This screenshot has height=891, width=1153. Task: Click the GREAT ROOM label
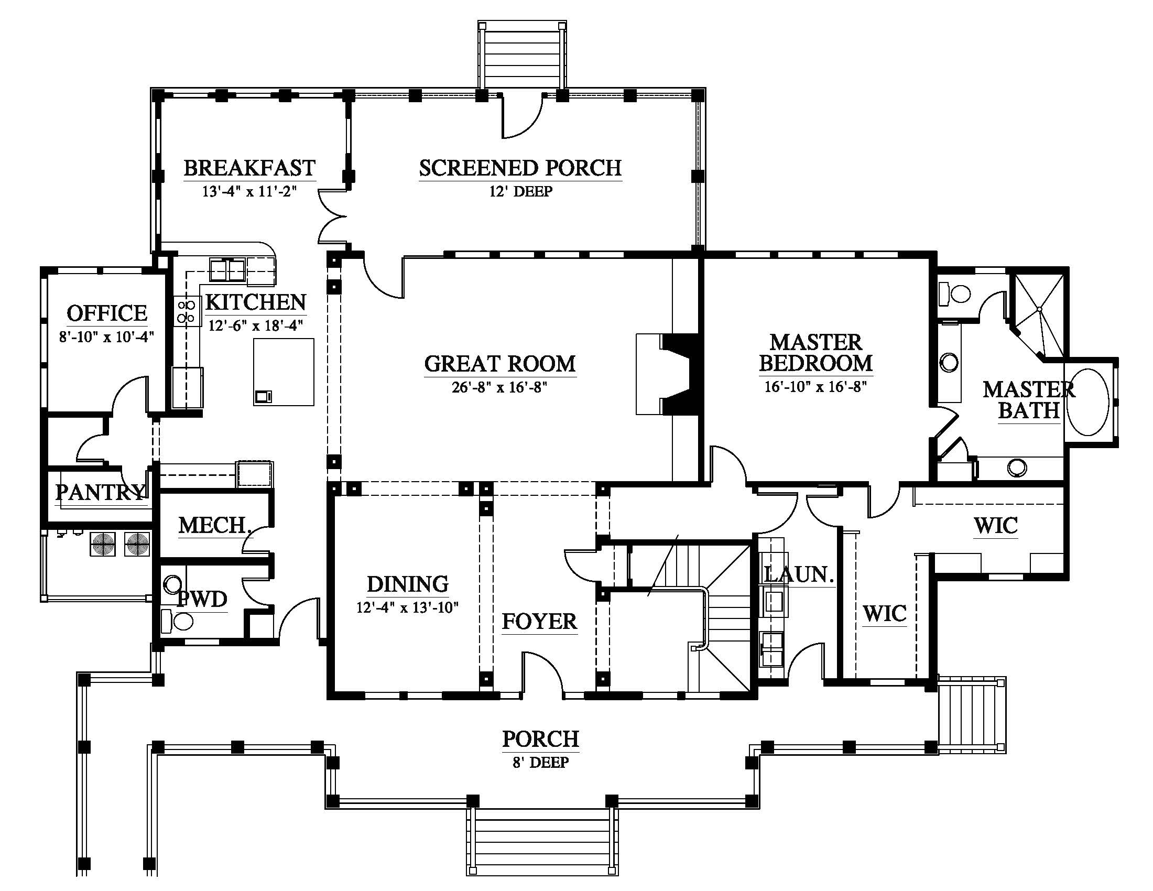click(x=499, y=364)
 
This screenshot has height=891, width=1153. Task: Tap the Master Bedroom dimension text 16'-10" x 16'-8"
click(x=815, y=387)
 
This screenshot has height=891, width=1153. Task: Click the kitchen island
click(x=284, y=372)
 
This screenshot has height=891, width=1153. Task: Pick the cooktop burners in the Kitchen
click(x=187, y=311)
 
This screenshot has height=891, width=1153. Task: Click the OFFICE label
click(x=106, y=313)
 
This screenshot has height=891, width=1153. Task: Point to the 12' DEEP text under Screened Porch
click(x=520, y=191)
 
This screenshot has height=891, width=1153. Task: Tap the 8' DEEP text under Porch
click(x=541, y=762)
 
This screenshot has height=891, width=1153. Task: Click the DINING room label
click(x=408, y=584)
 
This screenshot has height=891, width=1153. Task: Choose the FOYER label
click(x=539, y=621)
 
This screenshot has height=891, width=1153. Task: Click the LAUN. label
click(x=799, y=574)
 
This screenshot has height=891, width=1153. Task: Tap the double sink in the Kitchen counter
click(x=227, y=270)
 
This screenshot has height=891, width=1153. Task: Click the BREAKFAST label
click(x=249, y=168)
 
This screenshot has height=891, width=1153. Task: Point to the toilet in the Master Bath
click(x=955, y=294)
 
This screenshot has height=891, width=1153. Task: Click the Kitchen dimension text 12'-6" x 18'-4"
click(x=256, y=325)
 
